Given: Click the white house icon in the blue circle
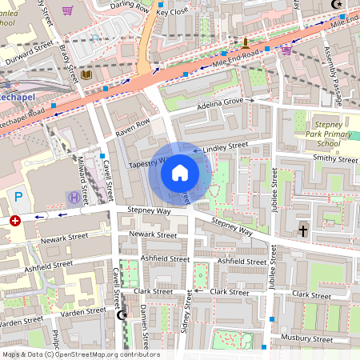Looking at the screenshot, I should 180,172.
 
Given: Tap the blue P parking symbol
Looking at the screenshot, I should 18,196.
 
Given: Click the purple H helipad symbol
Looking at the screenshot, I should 74,197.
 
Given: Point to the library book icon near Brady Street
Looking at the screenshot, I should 87,75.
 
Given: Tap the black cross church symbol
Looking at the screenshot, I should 302,231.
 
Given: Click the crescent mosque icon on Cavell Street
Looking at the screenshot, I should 122,316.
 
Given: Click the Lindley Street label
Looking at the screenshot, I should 226,147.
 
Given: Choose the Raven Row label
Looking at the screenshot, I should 133,125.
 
